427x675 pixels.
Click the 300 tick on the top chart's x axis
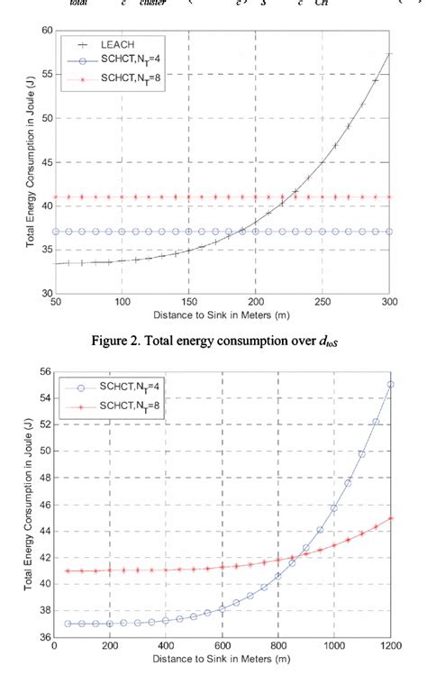tap(390, 303)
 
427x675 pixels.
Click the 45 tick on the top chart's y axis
tap(44, 162)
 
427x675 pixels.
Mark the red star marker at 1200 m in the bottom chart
tap(390, 518)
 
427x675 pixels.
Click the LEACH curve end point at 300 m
tap(389, 53)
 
